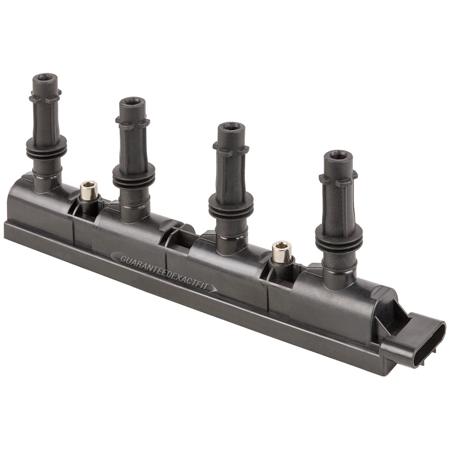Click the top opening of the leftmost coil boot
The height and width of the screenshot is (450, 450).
(45, 77)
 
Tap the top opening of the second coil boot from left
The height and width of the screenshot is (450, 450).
(132, 102)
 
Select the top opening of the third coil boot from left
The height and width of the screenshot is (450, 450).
(231, 126)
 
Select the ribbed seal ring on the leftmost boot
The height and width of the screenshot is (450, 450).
(46, 148)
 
